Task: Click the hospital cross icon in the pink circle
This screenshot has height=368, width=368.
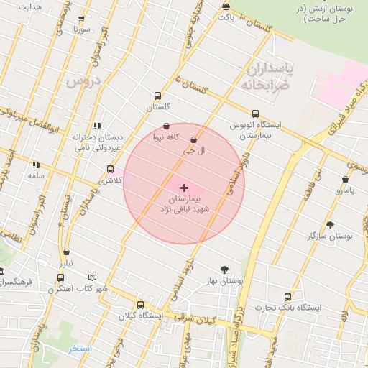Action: click(185, 187)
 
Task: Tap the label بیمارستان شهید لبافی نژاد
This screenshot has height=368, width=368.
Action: click(184, 203)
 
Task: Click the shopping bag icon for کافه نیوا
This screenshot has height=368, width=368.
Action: click(167, 126)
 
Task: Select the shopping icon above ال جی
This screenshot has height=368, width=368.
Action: click(193, 140)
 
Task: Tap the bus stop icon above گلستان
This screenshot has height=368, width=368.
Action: click(157, 96)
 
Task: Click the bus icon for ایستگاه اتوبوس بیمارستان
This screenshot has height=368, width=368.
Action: click(255, 114)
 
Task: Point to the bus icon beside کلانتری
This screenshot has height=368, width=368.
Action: click(110, 170)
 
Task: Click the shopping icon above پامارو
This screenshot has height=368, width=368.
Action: click(345, 180)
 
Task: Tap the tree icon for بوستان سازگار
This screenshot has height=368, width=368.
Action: click(330, 225)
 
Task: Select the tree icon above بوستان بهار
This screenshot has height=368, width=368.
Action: click(224, 270)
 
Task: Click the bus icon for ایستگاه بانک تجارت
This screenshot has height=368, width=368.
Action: click(287, 297)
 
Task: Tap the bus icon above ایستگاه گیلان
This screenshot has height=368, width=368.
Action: click(140, 305)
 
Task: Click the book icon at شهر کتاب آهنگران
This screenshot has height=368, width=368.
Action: click(91, 277)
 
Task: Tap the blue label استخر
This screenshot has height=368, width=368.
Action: click(80, 349)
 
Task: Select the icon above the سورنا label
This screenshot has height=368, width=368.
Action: click(80, 19)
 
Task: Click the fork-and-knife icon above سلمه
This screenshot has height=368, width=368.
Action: click(36, 165)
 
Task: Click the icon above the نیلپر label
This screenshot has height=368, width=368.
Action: click(67, 252)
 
